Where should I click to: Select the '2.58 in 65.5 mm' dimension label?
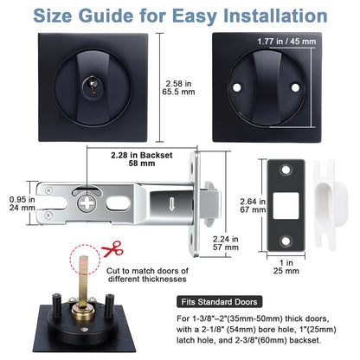click(x=180, y=87)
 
